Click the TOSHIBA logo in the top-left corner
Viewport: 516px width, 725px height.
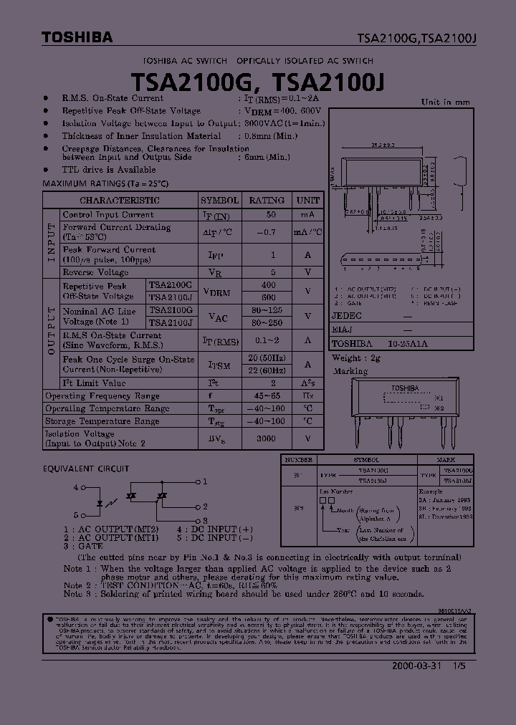(x=77, y=38)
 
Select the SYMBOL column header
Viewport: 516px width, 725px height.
(x=219, y=201)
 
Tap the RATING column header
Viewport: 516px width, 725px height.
(x=266, y=201)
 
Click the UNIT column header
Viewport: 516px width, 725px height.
(x=308, y=201)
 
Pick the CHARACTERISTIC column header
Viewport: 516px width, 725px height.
(x=120, y=201)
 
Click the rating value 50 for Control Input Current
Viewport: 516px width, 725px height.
(x=272, y=215)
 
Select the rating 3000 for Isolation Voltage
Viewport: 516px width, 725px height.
(x=266, y=438)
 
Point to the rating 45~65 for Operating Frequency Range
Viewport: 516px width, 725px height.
(x=266, y=395)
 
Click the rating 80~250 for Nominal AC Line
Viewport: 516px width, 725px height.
(x=266, y=323)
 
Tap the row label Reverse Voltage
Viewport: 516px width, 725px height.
(x=95, y=272)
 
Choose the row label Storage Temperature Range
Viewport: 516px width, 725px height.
(x=102, y=422)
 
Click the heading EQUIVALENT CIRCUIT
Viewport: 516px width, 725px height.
(x=85, y=469)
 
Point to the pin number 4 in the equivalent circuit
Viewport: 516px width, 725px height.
(x=75, y=487)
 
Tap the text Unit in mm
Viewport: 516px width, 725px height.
(x=445, y=102)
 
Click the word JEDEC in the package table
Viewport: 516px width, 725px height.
(x=347, y=315)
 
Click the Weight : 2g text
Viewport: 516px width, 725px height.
(x=355, y=358)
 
